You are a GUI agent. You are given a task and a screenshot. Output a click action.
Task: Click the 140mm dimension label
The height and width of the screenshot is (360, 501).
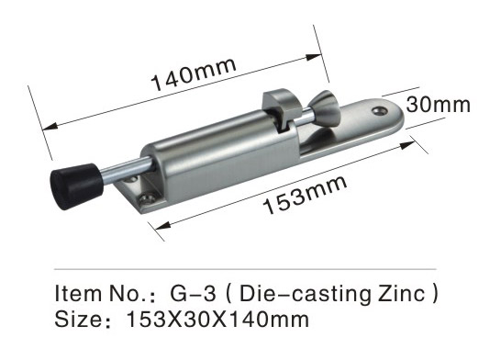(194, 73)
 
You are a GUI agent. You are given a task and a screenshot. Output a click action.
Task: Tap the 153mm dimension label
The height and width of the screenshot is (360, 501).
(306, 195)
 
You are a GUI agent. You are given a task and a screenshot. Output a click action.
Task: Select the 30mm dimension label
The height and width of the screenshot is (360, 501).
(438, 104)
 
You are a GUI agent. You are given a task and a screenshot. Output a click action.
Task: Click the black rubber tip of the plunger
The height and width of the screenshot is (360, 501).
(77, 186)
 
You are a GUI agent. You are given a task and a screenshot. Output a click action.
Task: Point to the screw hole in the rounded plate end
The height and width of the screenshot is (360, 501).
(380, 111)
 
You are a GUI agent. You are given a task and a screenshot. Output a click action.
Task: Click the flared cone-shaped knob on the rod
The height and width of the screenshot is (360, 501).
(325, 107)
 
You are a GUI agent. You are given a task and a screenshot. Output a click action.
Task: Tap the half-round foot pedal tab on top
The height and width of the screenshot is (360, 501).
(281, 107)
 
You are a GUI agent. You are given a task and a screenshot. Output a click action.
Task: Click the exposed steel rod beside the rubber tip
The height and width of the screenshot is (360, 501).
(128, 171)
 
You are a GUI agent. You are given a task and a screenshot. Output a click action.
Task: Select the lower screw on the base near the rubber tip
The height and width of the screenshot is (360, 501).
(147, 198)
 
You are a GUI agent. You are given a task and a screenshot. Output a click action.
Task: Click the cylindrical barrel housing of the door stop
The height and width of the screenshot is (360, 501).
(220, 151)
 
